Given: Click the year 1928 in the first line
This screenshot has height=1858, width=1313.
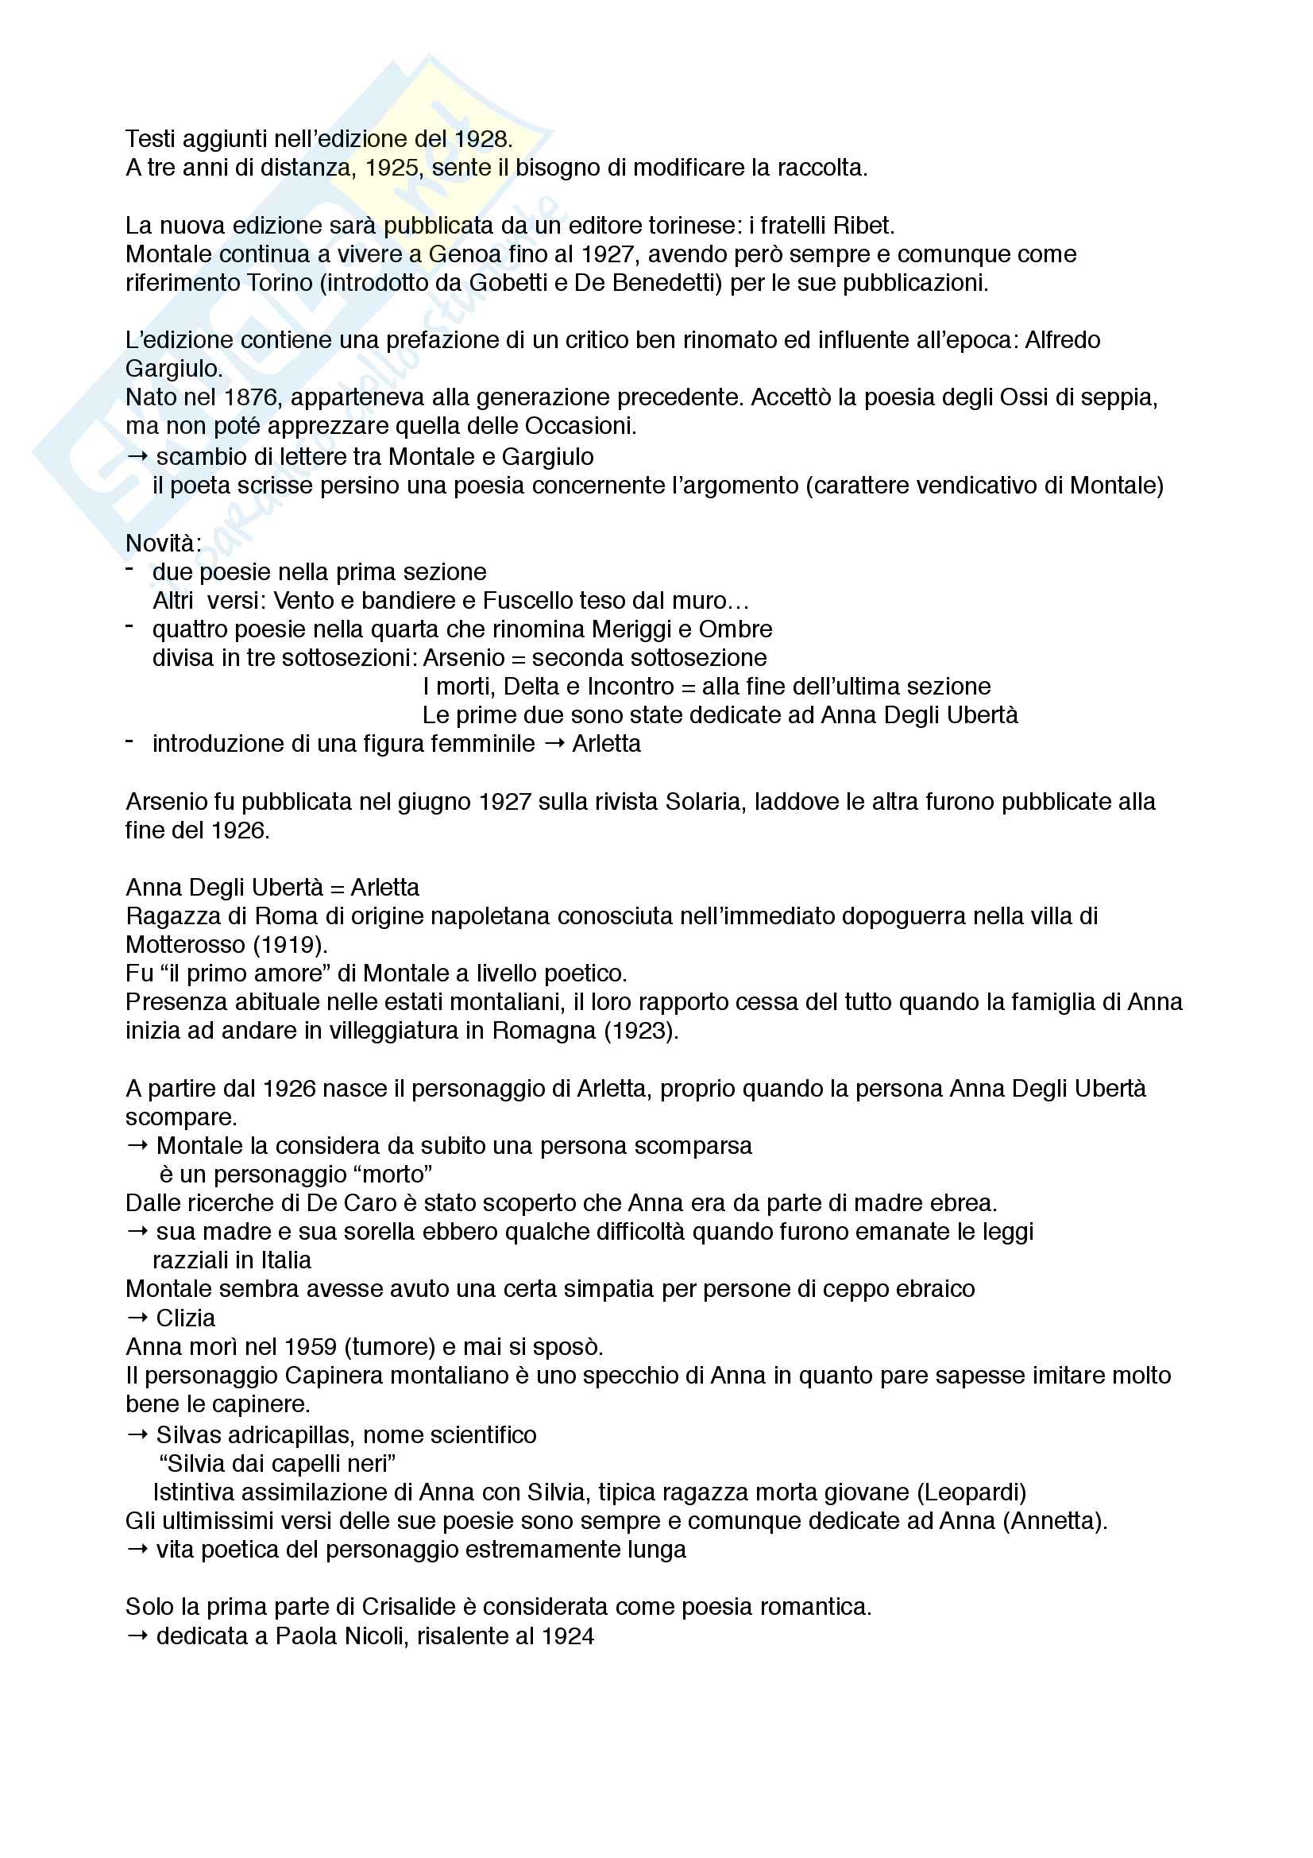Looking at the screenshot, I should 482,139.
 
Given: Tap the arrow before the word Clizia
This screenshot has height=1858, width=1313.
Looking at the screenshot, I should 137,1318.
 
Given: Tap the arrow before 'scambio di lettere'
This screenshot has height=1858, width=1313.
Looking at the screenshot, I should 137,456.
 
